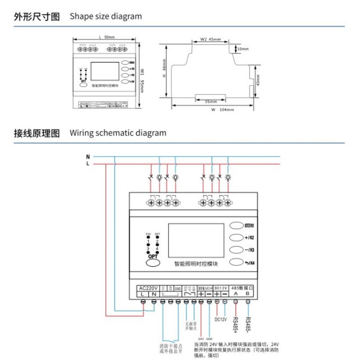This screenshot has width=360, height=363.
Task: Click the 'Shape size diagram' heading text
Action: (106, 17)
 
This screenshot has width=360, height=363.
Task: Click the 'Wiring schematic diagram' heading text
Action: (118, 133)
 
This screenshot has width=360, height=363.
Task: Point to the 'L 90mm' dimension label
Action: (106, 38)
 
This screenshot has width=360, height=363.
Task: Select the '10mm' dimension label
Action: (243, 49)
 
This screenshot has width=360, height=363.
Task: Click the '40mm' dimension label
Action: (257, 81)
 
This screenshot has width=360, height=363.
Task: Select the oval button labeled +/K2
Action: (237, 238)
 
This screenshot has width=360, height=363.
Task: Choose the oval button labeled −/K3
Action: (237, 250)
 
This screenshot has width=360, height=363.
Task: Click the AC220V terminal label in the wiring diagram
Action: (148, 288)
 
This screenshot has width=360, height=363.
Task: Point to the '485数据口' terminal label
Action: (242, 287)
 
